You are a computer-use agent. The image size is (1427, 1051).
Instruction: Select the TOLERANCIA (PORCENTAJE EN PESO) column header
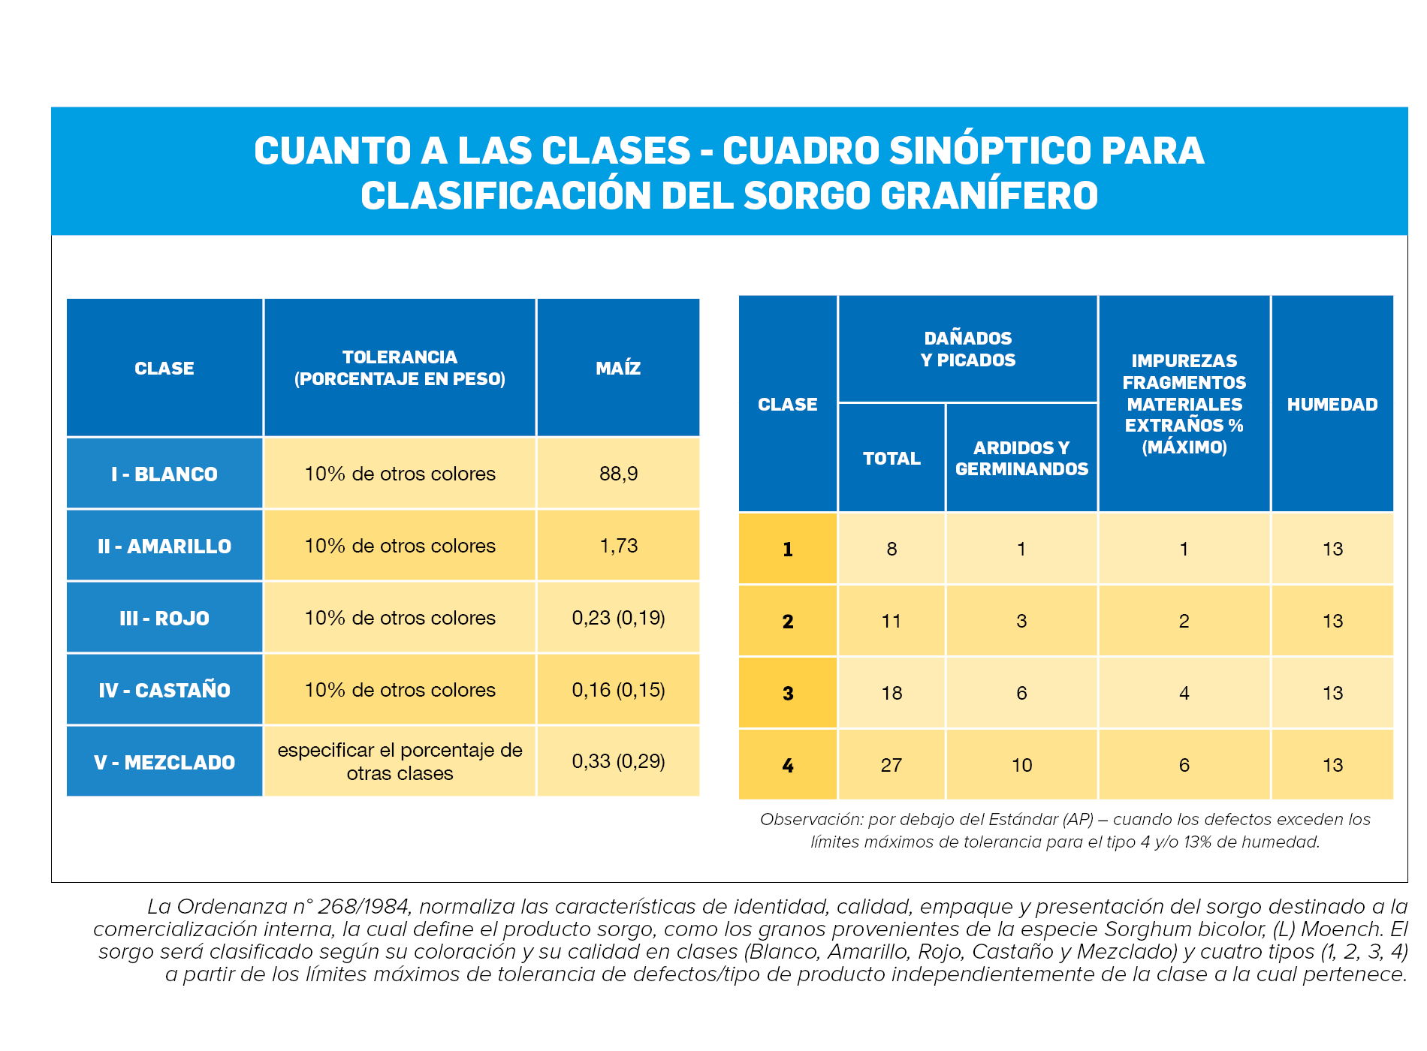pyautogui.click(x=400, y=368)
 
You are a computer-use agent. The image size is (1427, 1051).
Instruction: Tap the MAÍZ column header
pyautogui.click(x=618, y=368)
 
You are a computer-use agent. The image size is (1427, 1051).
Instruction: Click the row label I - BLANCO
pyautogui.click(x=164, y=474)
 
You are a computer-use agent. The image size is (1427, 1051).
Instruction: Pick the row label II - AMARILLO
pyautogui.click(x=164, y=546)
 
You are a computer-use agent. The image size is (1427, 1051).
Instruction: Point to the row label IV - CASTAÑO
pyautogui.click(x=164, y=690)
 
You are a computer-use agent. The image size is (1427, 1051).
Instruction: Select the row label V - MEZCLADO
pyautogui.click(x=164, y=762)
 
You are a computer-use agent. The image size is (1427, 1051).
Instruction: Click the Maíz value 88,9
pyautogui.click(x=618, y=474)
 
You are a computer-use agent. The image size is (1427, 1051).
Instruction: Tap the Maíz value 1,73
pyautogui.click(x=618, y=546)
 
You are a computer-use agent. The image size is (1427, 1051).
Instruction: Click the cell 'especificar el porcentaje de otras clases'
pyautogui.click(x=400, y=761)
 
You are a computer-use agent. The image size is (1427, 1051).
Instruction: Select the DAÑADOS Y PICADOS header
pyautogui.click(x=968, y=349)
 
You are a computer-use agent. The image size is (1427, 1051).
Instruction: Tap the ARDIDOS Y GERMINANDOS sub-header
pyautogui.click(x=1021, y=458)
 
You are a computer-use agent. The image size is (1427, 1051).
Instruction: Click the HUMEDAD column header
pyautogui.click(x=1332, y=404)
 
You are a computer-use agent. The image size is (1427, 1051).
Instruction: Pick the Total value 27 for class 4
pyautogui.click(x=891, y=765)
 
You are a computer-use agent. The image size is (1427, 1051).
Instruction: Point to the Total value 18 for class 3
pyautogui.click(x=891, y=693)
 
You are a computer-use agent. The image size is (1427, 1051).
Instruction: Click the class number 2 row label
pyautogui.click(x=788, y=621)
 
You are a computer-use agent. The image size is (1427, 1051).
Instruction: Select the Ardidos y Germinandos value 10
pyautogui.click(x=1021, y=765)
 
